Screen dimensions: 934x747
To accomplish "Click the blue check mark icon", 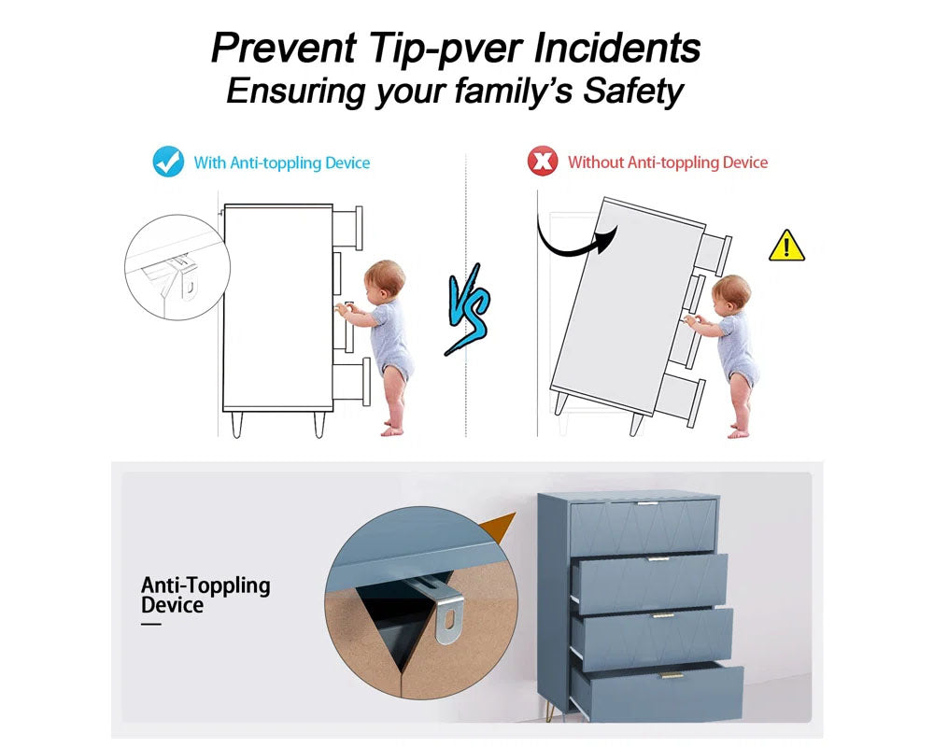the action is [x=168, y=162].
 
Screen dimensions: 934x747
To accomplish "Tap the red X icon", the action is [x=542, y=161].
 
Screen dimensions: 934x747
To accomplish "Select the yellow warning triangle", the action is [x=786, y=246].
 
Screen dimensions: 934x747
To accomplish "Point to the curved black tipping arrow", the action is [x=569, y=249].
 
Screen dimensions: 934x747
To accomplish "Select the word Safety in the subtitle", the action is [x=632, y=92].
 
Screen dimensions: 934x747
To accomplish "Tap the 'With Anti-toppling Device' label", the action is [x=282, y=162].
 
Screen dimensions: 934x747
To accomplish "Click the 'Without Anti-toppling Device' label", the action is [x=668, y=162].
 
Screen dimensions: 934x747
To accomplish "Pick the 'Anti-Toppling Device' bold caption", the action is [x=205, y=595].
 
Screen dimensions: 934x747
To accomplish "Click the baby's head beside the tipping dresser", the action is [x=731, y=292].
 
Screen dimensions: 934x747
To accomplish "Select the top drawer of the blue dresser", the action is [x=644, y=526].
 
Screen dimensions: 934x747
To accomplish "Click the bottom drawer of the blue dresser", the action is [x=658, y=692].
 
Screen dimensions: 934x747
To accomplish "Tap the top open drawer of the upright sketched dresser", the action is [x=347, y=228].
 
